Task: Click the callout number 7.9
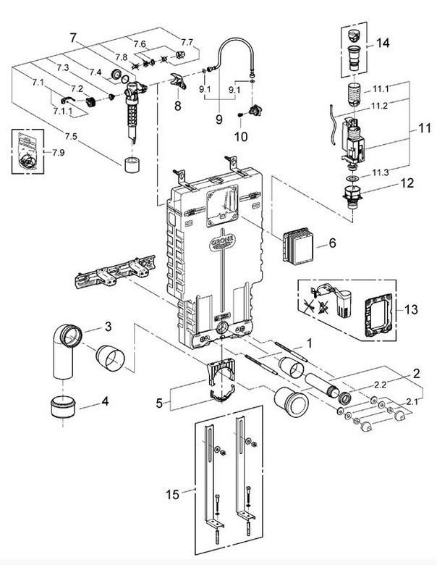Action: click(58, 152)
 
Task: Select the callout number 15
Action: click(172, 494)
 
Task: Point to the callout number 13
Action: click(411, 309)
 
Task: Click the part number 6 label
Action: click(332, 243)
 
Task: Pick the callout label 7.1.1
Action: click(63, 112)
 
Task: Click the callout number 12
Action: click(407, 183)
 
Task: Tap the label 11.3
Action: click(381, 172)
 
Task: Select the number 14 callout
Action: click(383, 43)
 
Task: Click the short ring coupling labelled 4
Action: click(63, 406)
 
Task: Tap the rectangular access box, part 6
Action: click(298, 246)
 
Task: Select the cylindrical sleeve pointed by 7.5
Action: click(132, 164)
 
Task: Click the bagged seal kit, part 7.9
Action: click(27, 151)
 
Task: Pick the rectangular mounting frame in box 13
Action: click(378, 315)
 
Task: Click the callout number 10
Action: click(241, 137)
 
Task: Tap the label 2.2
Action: click(380, 385)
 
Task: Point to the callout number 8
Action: click(178, 106)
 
